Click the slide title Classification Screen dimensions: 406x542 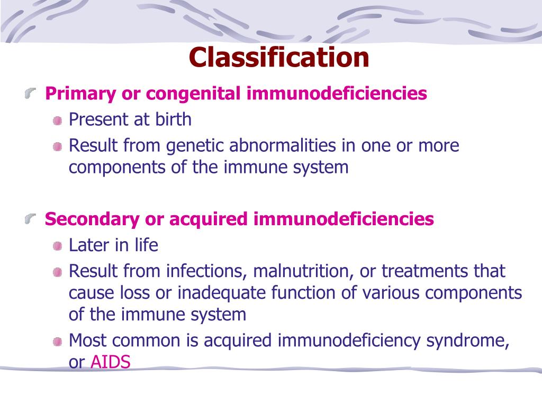pyautogui.click(x=279, y=57)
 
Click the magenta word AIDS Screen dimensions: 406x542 pyautogui.click(x=111, y=363)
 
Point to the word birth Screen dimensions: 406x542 pyautogui.click(x=173, y=119)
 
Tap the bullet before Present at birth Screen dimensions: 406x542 pyautogui.click(x=57, y=121)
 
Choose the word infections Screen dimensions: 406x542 pyautogui.click(x=207, y=272)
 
